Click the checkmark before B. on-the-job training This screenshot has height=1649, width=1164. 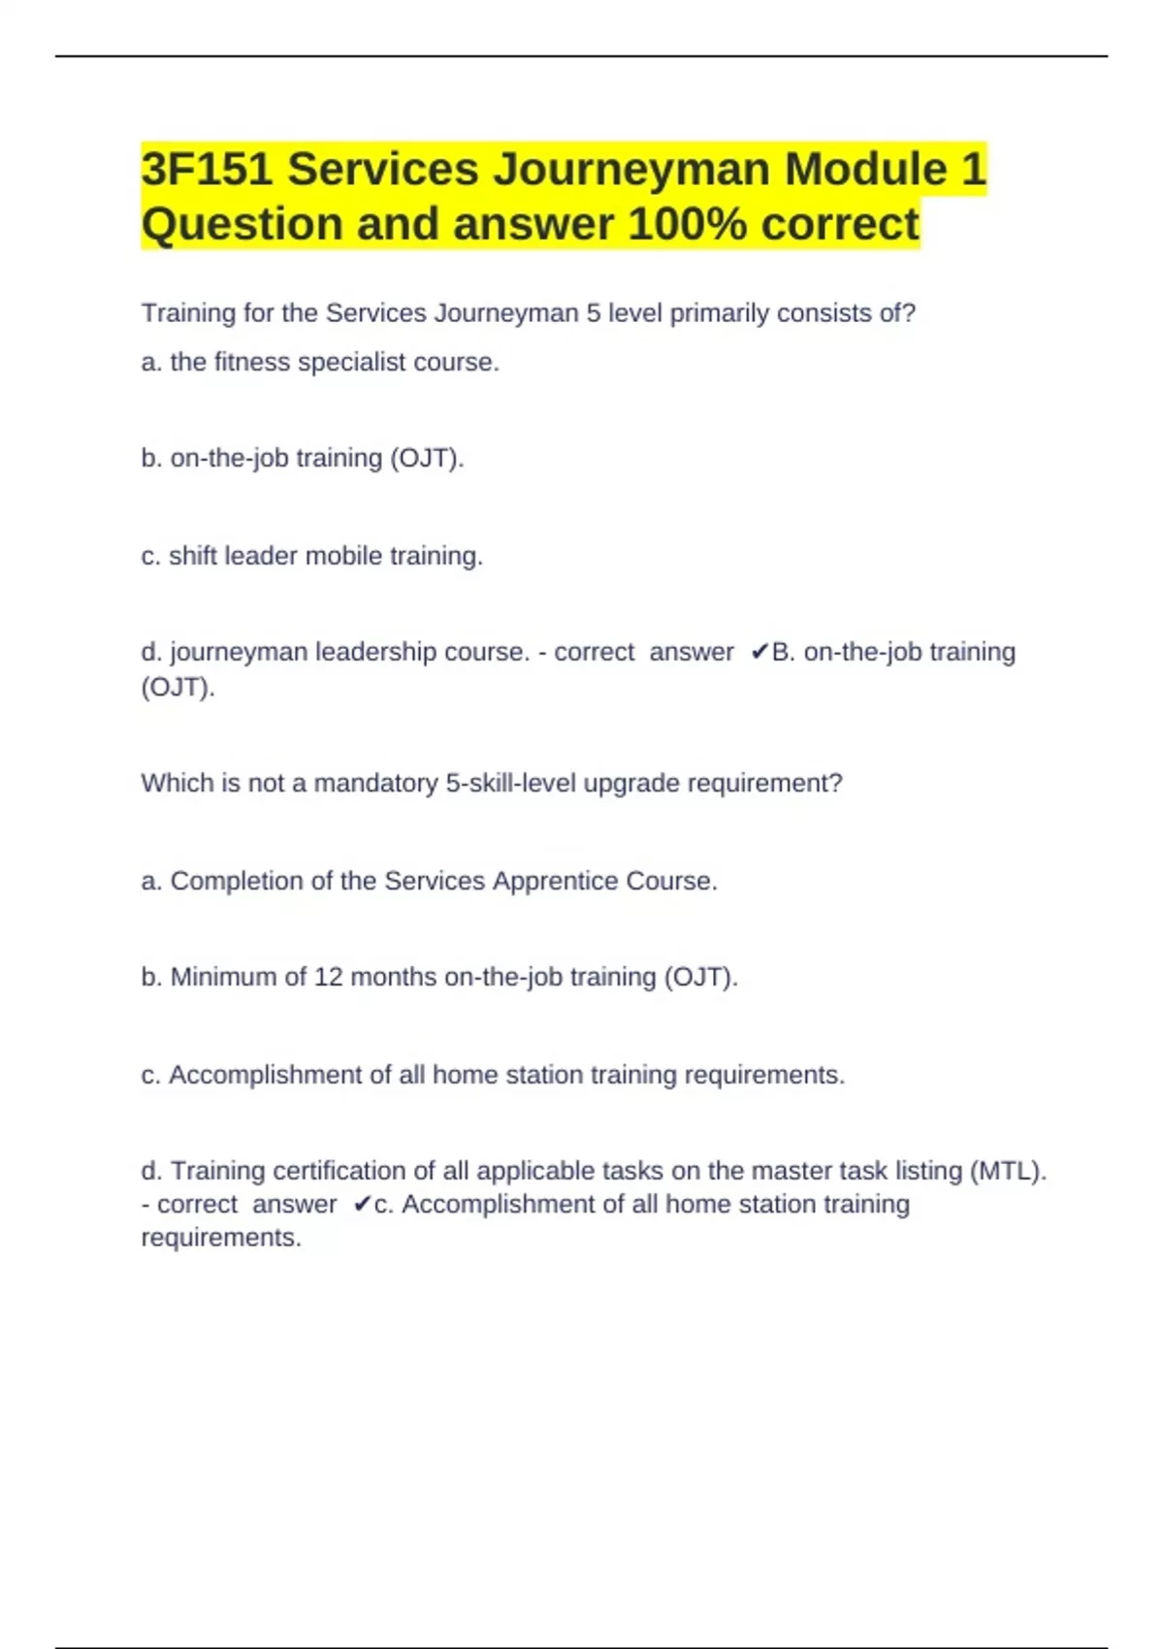point(759,652)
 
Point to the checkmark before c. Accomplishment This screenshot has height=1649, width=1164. point(361,1205)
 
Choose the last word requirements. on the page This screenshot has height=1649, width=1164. point(221,1238)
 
